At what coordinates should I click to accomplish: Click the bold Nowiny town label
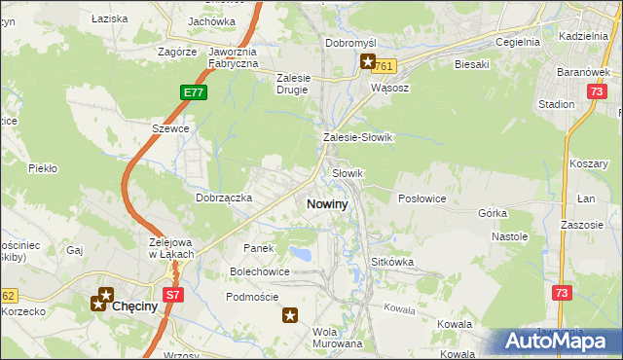(x=327, y=204)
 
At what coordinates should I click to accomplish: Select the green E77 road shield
(x=193, y=91)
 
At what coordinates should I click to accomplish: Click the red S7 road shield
(x=172, y=294)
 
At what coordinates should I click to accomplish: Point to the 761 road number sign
(x=385, y=66)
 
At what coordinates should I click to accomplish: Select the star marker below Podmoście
(x=290, y=314)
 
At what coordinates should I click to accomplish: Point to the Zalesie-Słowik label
(x=357, y=138)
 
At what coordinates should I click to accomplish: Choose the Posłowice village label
(x=422, y=198)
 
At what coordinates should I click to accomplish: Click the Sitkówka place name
(x=393, y=263)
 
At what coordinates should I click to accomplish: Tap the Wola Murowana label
(x=337, y=338)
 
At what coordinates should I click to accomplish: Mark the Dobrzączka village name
(x=224, y=198)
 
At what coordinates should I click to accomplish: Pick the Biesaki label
(x=471, y=64)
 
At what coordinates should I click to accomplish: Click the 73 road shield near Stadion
(x=596, y=90)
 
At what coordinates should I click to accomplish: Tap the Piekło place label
(x=43, y=168)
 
